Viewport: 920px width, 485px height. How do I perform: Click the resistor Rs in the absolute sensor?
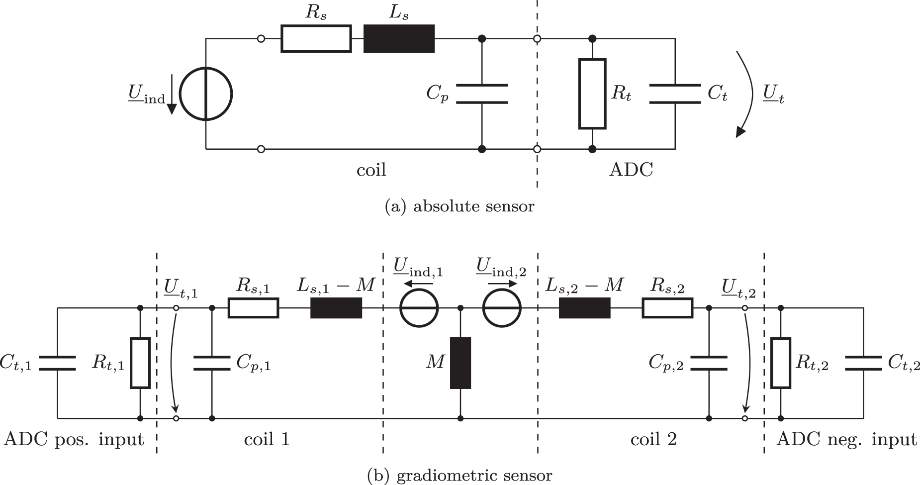(x=316, y=39)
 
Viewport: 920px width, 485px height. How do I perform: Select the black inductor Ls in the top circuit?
(x=399, y=39)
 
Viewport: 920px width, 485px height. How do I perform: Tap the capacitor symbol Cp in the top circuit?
(x=481, y=94)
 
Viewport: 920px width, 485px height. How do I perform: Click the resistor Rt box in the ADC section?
(x=592, y=94)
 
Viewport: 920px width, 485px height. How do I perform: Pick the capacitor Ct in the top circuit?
(x=675, y=94)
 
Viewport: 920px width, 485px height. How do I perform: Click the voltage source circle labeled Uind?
(x=206, y=94)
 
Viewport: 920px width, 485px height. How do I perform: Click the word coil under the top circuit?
(x=371, y=171)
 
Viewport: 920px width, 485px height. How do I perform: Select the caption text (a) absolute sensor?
(x=460, y=206)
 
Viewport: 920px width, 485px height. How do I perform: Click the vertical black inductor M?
(x=460, y=363)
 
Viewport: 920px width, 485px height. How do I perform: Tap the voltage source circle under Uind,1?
(x=419, y=308)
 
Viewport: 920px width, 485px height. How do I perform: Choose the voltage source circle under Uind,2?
(x=502, y=308)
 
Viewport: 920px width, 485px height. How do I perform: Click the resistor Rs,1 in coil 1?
(x=254, y=308)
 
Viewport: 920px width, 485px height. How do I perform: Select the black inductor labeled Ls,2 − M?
(x=585, y=308)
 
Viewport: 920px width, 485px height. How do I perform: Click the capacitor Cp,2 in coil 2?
(x=708, y=363)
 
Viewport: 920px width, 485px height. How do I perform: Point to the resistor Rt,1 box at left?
(x=140, y=363)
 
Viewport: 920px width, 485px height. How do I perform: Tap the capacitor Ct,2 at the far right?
(x=863, y=363)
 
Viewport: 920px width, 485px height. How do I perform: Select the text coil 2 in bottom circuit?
(x=653, y=440)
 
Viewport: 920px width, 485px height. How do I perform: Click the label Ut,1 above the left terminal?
(x=180, y=290)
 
